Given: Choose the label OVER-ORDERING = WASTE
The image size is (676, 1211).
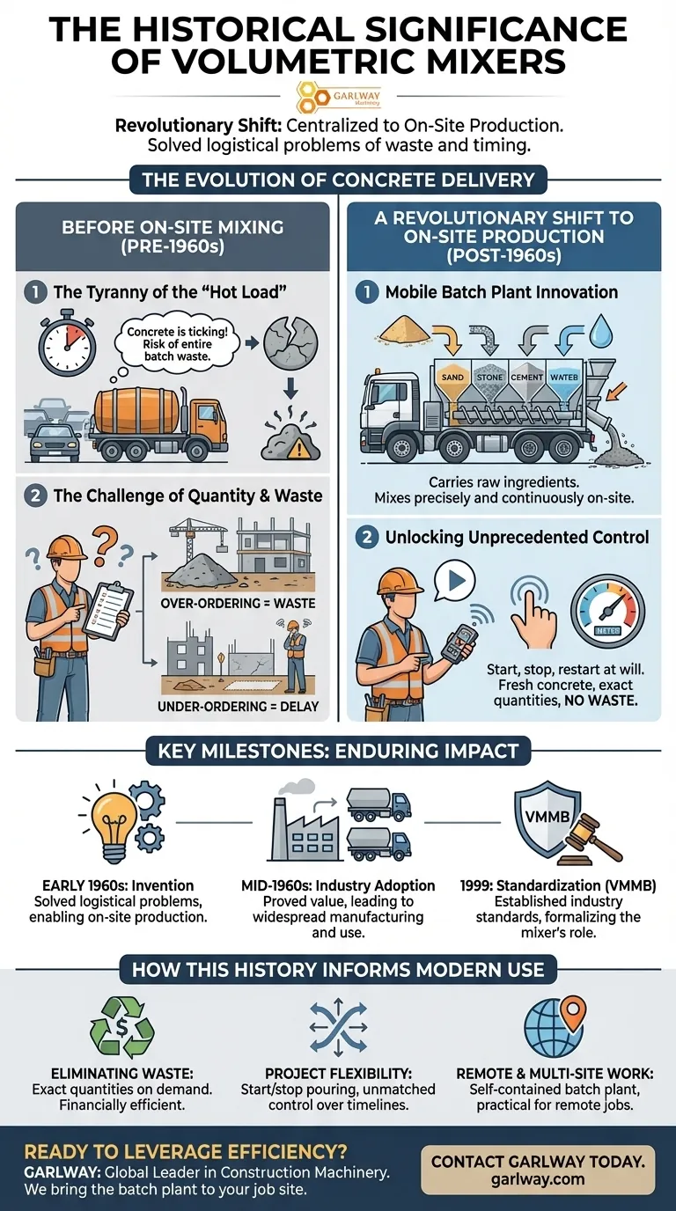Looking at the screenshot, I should (x=238, y=604).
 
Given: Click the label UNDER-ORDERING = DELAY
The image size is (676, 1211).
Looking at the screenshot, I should (x=238, y=706).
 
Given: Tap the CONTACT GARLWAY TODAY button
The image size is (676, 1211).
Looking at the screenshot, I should (x=538, y=1169).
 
